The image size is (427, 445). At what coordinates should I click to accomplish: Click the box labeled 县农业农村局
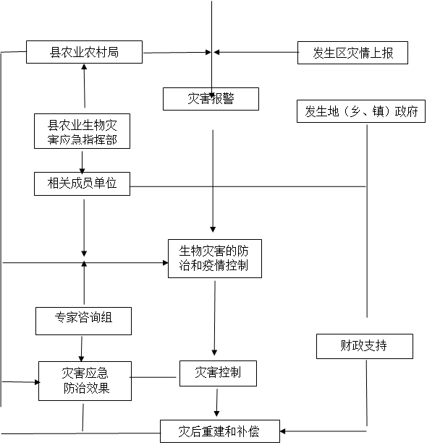84,52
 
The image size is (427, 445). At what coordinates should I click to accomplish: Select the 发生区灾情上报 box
352,53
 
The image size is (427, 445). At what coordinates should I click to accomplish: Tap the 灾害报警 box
211,99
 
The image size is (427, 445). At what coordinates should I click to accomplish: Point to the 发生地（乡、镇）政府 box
361,111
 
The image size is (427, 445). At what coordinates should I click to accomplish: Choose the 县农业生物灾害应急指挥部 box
82,131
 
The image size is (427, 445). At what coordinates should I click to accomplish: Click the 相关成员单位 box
82,183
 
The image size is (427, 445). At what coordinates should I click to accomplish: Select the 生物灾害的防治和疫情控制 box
215,259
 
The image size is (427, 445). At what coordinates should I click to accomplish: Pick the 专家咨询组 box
83,321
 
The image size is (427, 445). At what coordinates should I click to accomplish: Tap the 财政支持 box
365,346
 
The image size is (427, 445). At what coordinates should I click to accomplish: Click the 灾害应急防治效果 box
85,381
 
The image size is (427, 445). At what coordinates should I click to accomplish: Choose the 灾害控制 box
218,373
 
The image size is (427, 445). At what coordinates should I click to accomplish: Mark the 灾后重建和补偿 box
220,431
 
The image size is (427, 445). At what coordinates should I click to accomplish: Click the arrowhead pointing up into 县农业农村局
84,67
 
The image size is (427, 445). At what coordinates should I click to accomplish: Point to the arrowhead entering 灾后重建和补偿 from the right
282,431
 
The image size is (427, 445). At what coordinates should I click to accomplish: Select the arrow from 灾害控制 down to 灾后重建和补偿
217,402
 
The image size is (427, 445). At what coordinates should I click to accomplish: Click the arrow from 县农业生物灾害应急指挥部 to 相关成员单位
83,163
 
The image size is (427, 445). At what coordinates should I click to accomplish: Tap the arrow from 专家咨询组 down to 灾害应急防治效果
82,349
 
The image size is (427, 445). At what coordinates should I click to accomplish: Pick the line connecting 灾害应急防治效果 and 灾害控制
153,377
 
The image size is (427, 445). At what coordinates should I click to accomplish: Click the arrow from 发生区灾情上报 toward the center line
256,52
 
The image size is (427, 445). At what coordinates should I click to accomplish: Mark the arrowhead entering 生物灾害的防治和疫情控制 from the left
166,263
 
